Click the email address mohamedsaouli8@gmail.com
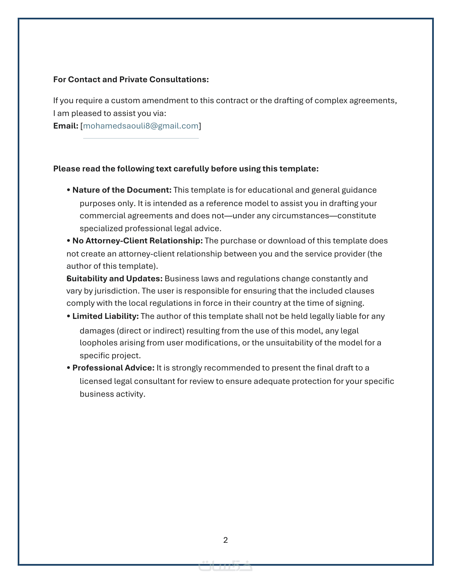tap(141, 126)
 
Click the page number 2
tap(225, 540)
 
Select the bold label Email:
tap(66, 126)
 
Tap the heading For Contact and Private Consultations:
tap(131, 80)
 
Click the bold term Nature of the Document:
tap(122, 190)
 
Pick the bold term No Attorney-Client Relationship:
tap(137, 241)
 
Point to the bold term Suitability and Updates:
tap(115, 279)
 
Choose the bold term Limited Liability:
tap(105, 316)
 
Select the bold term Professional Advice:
tap(113, 368)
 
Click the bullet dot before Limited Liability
tap(69, 317)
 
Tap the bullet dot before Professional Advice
tap(69, 368)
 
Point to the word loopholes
tap(98, 343)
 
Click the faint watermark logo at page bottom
tap(225, 566)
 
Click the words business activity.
tap(112, 394)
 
